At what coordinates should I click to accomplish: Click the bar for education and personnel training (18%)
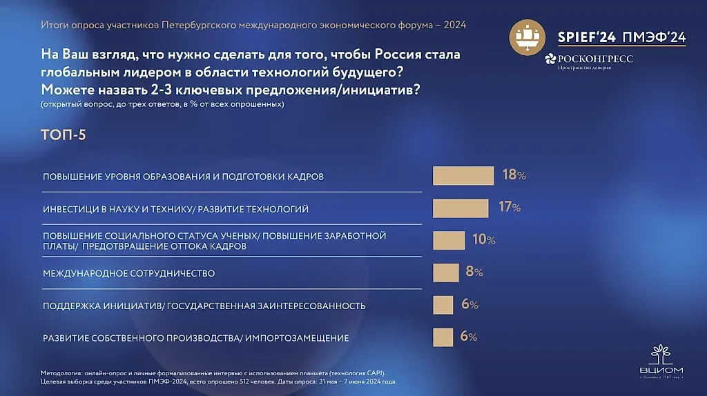click(x=463, y=176)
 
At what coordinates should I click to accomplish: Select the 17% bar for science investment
click(x=460, y=208)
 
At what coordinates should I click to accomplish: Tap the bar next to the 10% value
click(x=449, y=240)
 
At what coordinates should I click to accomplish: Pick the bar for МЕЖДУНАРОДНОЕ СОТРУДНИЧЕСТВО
click(x=445, y=273)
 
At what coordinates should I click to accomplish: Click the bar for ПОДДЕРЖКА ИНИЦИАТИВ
click(x=443, y=305)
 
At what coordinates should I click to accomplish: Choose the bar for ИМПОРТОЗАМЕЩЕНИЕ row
click(x=443, y=337)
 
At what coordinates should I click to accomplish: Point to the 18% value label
click(x=514, y=175)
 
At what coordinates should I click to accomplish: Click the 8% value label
click(x=474, y=272)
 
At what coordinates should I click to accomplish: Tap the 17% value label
click(x=510, y=207)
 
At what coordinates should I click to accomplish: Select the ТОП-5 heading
click(x=64, y=135)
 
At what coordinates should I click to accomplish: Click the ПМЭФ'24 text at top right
click(x=653, y=38)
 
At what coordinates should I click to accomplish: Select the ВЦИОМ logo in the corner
click(x=662, y=362)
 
